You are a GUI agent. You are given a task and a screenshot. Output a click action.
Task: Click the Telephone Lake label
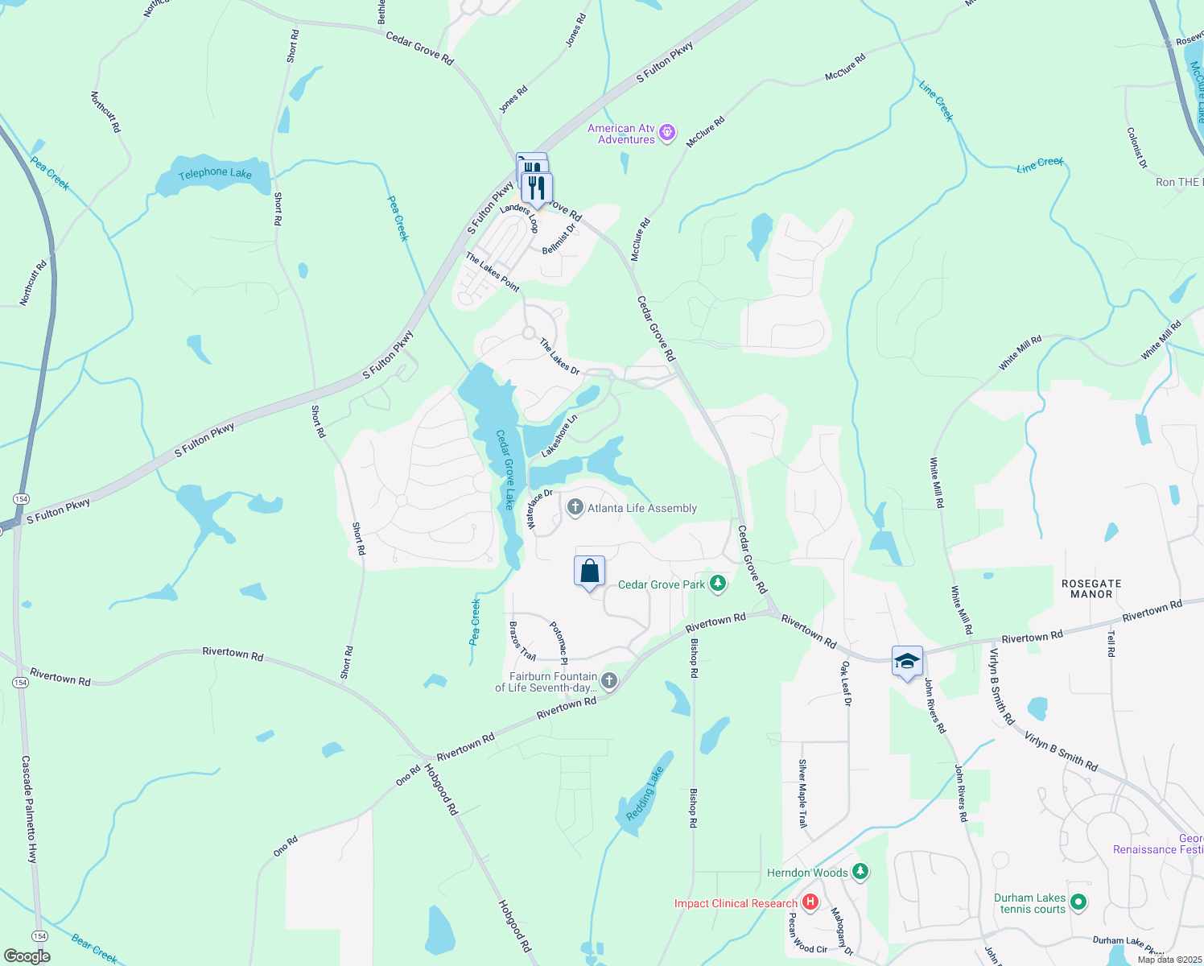[215, 173]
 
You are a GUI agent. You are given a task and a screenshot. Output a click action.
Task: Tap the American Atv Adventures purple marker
[667, 133]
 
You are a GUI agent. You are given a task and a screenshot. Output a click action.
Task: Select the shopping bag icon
[589, 571]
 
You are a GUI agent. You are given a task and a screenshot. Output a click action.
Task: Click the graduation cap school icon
[907, 661]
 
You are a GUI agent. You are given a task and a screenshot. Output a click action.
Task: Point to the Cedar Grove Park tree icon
[718, 584]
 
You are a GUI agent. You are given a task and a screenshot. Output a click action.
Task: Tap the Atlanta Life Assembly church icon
[575, 507]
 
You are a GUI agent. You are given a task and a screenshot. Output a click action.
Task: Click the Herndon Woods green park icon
[860, 872]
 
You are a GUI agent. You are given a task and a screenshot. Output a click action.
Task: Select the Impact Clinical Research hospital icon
[810, 902]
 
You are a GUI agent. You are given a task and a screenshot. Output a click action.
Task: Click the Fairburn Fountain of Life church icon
[609, 681]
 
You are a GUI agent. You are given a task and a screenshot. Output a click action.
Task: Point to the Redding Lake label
[645, 794]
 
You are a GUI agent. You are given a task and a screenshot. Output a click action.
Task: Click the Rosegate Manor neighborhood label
[1091, 588]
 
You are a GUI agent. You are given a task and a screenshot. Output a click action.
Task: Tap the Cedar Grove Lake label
[505, 469]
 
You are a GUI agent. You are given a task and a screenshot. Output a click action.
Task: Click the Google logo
[27, 956]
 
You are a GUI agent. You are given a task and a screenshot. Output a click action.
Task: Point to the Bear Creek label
[94, 947]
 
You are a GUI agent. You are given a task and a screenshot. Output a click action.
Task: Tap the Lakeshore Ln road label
[559, 436]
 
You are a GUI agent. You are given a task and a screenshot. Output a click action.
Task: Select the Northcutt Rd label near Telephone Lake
[105, 112]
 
